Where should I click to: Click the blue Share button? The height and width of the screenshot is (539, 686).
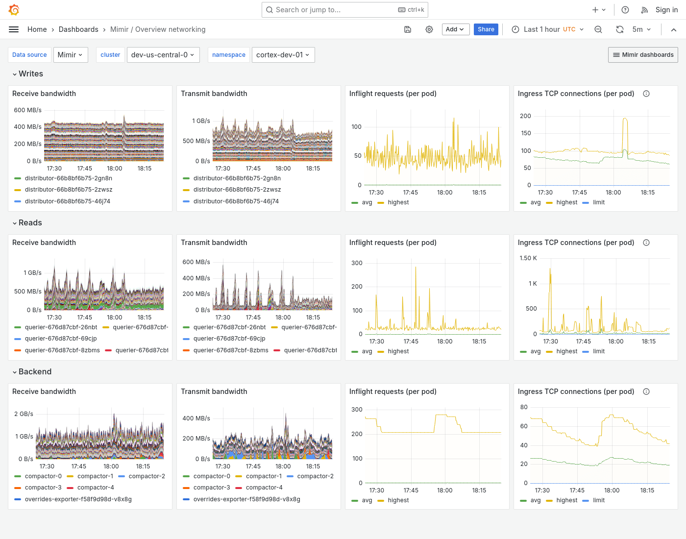(486, 29)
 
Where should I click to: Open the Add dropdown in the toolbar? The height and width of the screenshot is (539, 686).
(455, 29)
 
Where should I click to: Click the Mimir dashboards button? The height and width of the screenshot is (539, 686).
(643, 55)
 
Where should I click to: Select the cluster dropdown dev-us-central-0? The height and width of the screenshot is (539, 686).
(162, 55)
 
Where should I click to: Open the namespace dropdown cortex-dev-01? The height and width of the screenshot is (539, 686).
(283, 55)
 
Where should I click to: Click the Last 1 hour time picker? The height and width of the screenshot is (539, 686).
(548, 29)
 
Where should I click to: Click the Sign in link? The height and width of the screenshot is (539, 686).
(666, 10)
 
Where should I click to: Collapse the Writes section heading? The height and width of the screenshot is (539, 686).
(30, 74)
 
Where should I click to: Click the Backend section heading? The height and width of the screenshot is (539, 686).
(35, 372)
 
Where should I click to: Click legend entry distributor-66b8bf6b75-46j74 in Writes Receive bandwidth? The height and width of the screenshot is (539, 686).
(67, 201)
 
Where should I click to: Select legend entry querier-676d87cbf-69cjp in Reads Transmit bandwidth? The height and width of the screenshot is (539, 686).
(229, 339)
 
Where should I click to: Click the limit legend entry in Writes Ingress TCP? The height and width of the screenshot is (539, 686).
(598, 202)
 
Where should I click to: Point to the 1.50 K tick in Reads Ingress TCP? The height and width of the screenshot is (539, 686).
(528, 258)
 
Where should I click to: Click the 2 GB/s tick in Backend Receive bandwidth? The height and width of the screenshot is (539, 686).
(24, 414)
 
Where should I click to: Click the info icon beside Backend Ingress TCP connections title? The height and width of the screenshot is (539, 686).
(646, 392)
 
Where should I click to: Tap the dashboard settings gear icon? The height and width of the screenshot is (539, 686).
(429, 29)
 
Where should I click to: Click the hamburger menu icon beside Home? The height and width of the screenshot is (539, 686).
(14, 29)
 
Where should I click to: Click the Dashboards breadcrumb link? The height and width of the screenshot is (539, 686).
(78, 29)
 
